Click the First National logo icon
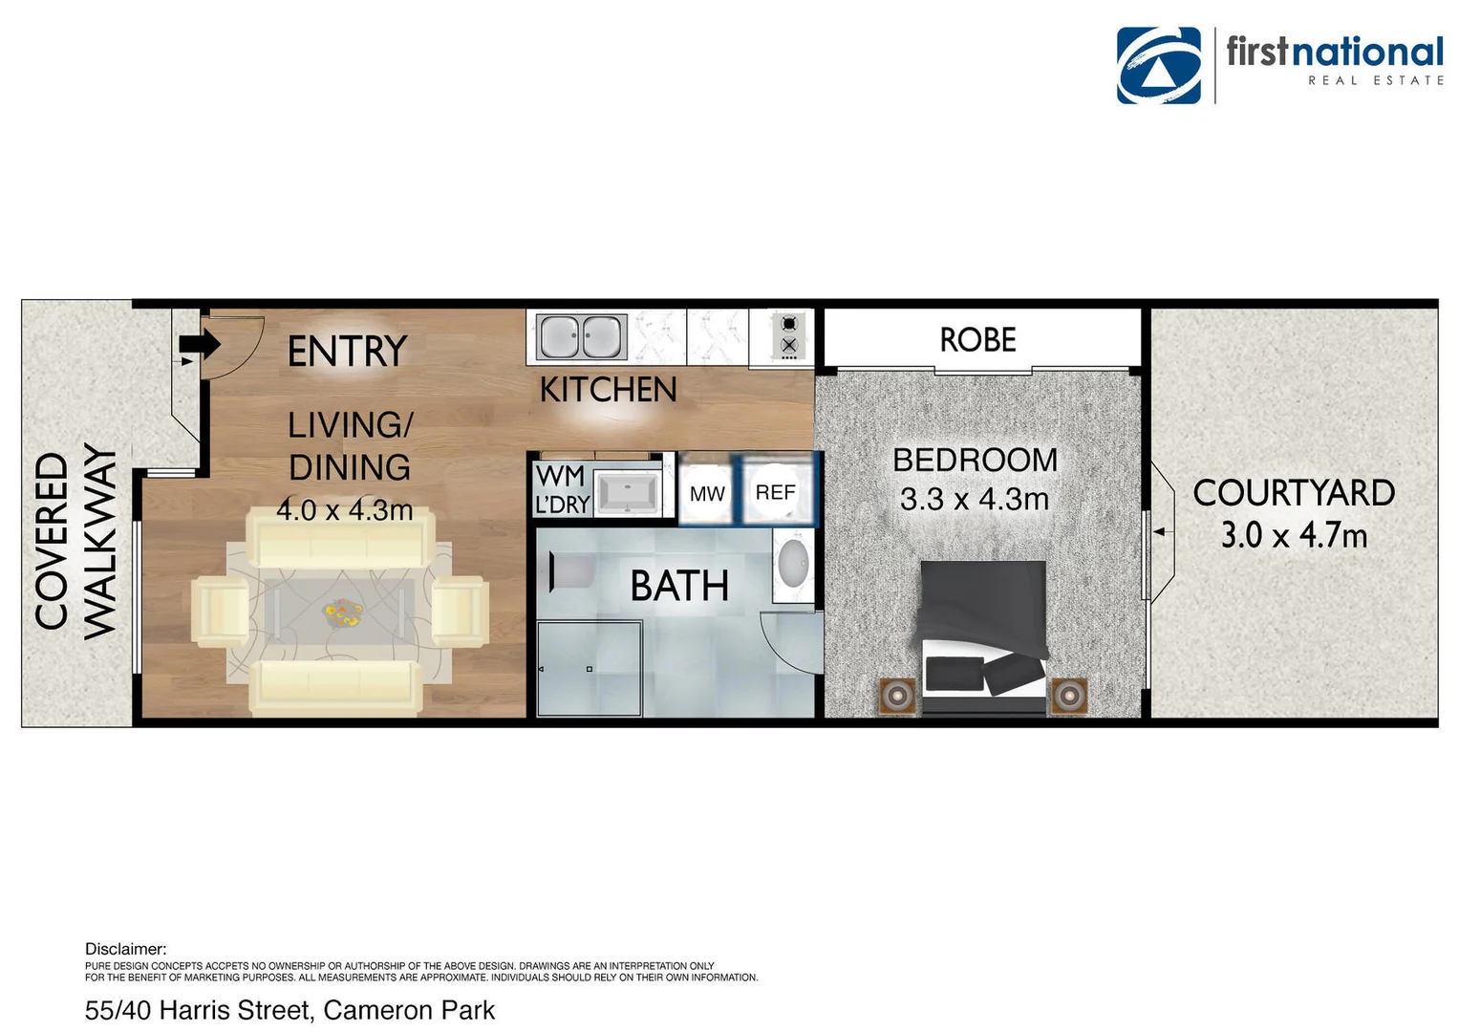1158,65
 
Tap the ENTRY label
347,352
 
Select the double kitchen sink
581,337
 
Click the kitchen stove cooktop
788,336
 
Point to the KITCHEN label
608,390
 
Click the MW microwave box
707,493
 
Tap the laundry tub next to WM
628,493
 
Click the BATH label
679,586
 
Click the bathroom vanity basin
793,564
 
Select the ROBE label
977,339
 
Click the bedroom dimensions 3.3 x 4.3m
974,499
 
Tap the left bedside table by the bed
897,695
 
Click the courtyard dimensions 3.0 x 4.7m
1294,535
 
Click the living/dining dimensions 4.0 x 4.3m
344,510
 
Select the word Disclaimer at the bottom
125,949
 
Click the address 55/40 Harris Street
290,1010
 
